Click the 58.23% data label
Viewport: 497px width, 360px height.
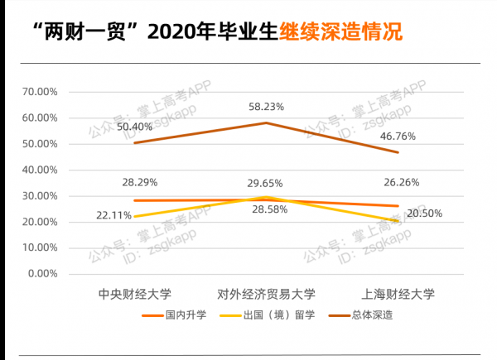[267, 107]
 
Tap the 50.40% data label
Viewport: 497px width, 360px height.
[134, 127]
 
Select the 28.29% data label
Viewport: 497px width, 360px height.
[140, 181]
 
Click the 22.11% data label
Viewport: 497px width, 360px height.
[113, 214]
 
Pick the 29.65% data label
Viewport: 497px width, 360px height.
[267, 182]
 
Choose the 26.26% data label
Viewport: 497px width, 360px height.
[398, 183]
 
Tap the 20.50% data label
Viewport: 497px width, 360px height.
[424, 214]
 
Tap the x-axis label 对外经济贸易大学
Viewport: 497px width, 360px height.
[266, 294]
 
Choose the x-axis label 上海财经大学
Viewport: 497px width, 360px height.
[398, 294]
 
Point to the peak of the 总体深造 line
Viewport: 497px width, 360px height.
[266, 122]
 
